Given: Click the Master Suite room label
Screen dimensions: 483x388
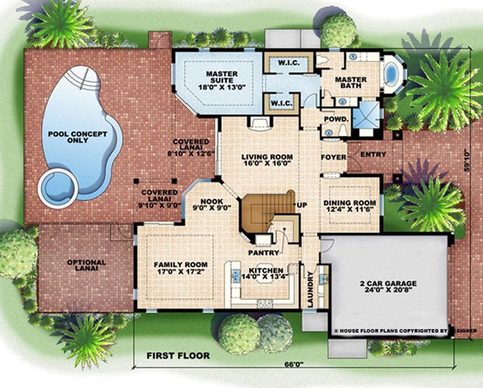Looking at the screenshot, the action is tap(222, 80).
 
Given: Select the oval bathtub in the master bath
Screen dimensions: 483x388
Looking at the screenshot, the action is tap(391, 74).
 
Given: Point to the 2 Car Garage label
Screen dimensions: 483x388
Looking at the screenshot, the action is tap(388, 287).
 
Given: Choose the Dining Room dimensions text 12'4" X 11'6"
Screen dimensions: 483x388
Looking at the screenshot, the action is tap(350, 209).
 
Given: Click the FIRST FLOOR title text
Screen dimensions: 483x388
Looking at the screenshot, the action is tap(178, 356).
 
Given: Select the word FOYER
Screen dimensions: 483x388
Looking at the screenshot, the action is tap(334, 157).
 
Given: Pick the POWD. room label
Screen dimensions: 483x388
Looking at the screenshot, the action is tap(336, 119).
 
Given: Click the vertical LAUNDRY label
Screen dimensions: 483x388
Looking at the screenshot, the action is tap(310, 289).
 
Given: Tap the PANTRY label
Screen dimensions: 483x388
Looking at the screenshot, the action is tap(264, 253).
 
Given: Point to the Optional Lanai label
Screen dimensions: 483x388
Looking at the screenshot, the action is tap(87, 266).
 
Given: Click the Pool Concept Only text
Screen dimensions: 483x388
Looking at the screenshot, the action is tap(78, 137).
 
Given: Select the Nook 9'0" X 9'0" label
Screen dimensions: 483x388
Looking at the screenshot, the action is tap(212, 204).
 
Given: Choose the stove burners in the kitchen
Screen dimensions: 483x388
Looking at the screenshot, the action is tap(265, 304).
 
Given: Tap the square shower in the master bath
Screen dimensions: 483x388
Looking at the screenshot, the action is tap(366, 114).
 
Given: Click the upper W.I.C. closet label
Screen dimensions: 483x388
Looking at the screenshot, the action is tap(288, 63).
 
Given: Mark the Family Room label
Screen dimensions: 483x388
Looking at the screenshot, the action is tap(181, 268).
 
